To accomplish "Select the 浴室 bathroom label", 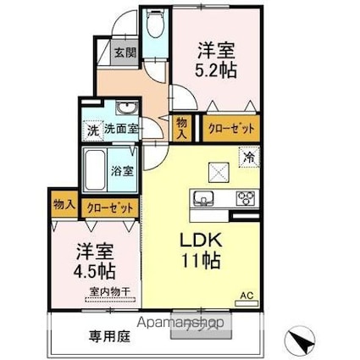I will (x=122, y=169).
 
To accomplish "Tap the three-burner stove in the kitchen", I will (x=245, y=199).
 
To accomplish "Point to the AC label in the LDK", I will (x=248, y=295).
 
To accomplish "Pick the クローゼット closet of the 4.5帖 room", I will (x=108, y=205).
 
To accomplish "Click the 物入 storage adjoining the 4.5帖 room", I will (x=64, y=205).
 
